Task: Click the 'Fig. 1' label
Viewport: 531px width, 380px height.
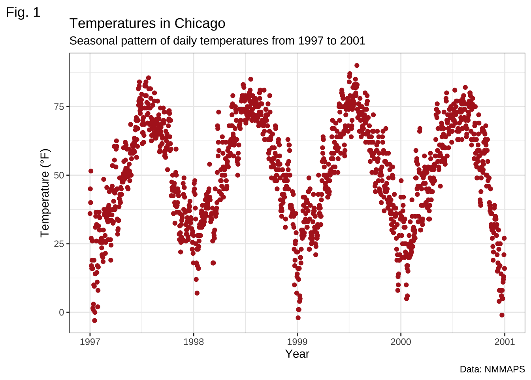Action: (23, 13)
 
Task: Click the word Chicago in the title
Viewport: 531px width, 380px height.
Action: (200, 23)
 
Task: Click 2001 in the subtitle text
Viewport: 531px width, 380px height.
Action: (352, 41)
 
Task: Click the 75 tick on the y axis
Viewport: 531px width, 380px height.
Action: (59, 107)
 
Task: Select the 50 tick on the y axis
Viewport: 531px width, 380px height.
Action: (59, 175)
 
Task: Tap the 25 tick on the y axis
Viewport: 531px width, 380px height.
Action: (59, 244)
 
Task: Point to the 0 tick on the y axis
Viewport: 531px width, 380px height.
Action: (61, 312)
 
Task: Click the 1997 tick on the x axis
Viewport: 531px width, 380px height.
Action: (90, 342)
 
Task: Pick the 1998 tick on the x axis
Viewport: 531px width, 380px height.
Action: (194, 342)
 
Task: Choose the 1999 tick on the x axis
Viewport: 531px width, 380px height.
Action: (297, 342)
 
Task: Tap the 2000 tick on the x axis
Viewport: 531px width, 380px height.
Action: (401, 342)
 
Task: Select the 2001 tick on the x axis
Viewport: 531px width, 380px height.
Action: (505, 342)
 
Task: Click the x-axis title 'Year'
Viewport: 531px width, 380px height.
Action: (297, 354)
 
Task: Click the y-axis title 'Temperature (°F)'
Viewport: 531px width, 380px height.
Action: (45, 193)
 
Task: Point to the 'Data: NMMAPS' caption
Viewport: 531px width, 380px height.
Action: (492, 369)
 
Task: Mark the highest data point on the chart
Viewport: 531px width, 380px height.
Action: (357, 65)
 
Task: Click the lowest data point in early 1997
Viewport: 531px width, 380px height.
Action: (94, 321)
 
